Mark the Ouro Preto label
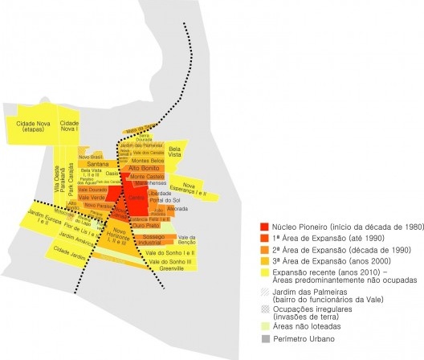pos(145,226)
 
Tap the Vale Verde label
pos(92,197)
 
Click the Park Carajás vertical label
pos(70,181)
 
